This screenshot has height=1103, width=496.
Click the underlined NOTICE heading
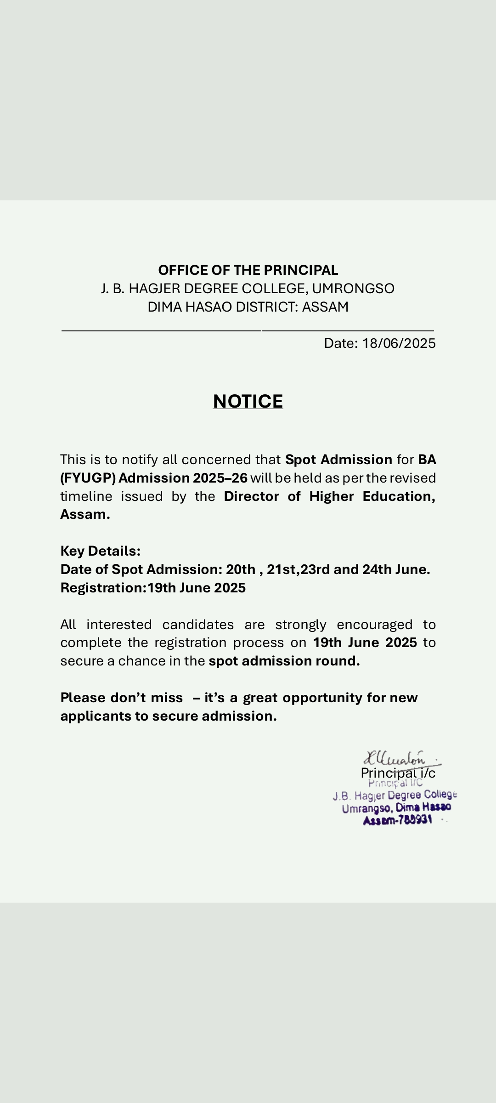tap(248, 401)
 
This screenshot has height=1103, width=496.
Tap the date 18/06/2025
tap(399, 343)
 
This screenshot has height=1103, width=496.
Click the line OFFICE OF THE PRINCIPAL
tap(248, 270)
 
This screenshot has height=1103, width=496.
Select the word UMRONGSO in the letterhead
tap(353, 289)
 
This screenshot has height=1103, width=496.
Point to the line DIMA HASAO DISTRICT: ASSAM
tap(248, 307)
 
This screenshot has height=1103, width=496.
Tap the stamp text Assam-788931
tap(398, 820)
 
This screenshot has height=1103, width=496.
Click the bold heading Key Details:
tap(100, 551)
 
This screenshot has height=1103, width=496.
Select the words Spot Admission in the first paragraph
tap(338, 460)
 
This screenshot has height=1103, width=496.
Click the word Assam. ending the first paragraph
tap(85, 514)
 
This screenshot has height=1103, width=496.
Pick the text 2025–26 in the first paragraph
tap(220, 478)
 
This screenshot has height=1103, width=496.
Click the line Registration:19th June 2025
tap(153, 588)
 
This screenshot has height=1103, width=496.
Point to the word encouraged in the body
tap(374, 625)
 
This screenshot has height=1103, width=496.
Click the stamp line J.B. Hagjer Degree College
tap(395, 795)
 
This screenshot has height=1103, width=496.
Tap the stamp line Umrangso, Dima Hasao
tap(396, 807)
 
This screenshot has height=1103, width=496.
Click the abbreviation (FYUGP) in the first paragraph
tap(88, 478)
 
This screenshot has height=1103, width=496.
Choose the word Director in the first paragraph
tap(251, 496)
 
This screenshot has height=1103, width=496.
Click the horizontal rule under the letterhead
tap(248, 330)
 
